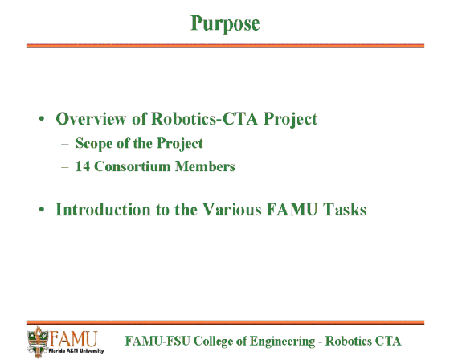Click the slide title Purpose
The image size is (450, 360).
point(225,23)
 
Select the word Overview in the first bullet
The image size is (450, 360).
point(91,118)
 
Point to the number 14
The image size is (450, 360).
point(82,166)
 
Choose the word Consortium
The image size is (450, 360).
point(133,166)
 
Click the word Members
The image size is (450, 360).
point(205,166)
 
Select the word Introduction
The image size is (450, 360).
point(103,209)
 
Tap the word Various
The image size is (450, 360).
point(231,209)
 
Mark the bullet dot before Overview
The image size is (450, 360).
point(42,119)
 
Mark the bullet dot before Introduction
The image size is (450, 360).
point(42,209)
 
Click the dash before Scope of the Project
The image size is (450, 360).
point(65,144)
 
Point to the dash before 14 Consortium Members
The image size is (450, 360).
point(65,167)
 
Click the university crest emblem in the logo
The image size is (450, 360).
point(38,342)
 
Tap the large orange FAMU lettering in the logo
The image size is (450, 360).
point(73,339)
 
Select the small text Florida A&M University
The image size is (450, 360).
point(76,351)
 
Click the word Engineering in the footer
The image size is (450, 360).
point(282,342)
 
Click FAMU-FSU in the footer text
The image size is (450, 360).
point(157,341)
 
